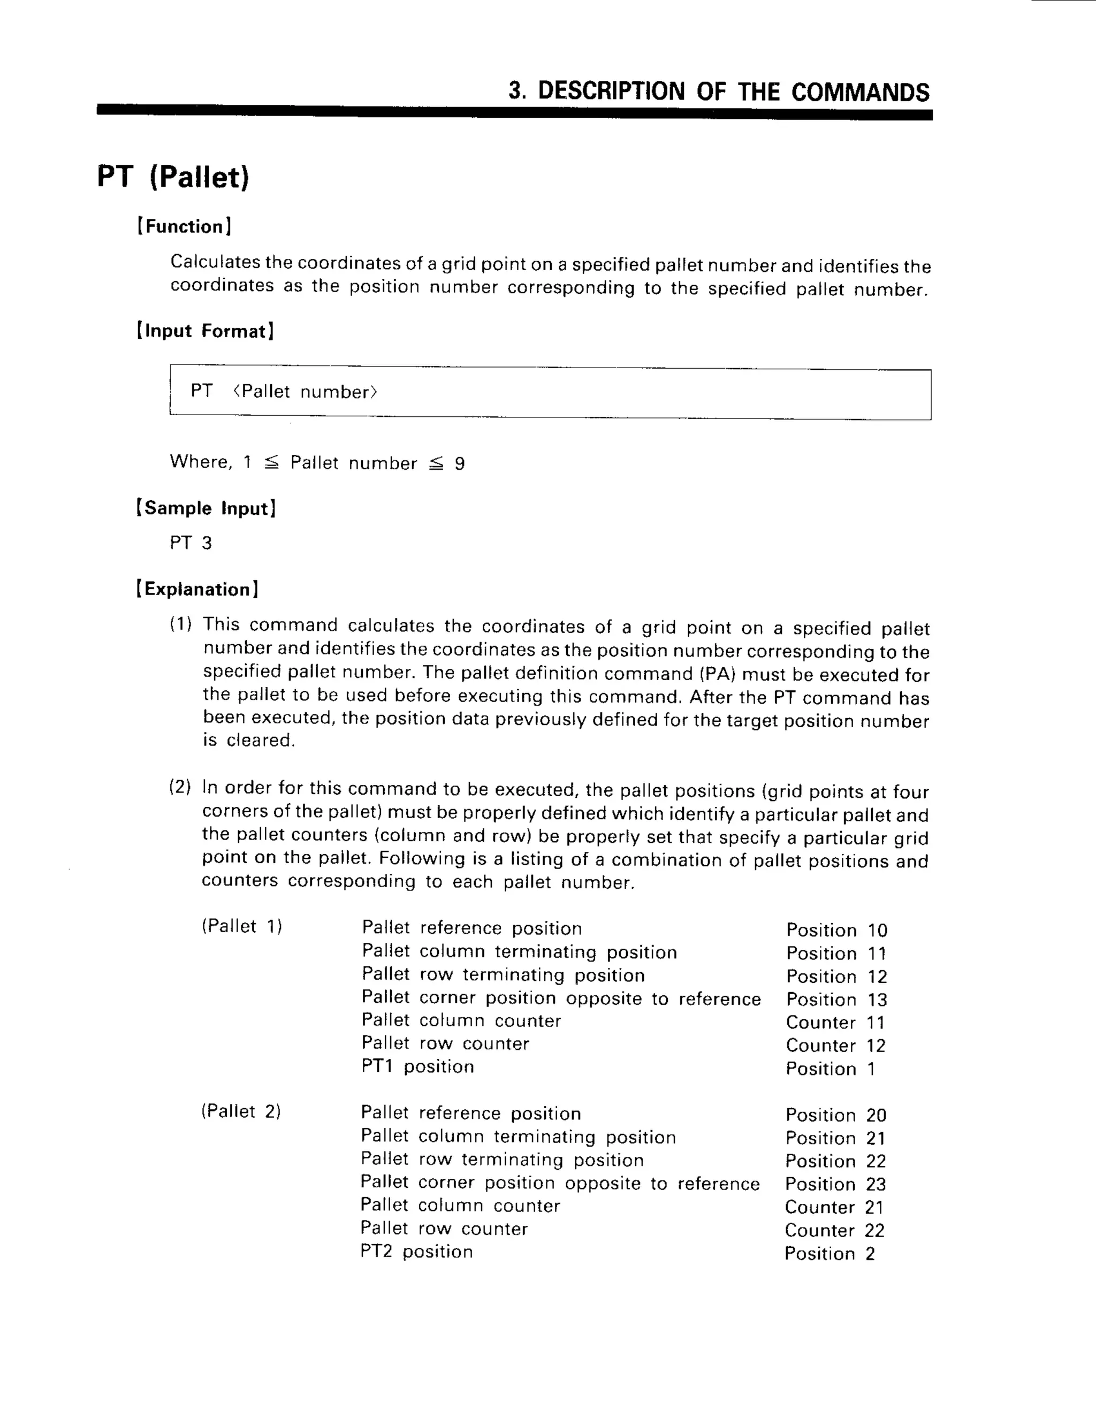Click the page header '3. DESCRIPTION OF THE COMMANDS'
coord(719,92)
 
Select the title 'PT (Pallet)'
coord(173,177)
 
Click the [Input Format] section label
coord(205,331)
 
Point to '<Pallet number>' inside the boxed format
coord(305,392)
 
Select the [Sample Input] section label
coord(206,508)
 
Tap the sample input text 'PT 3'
coord(191,543)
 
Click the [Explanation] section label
coord(197,590)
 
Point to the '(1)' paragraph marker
coord(180,624)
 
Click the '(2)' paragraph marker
coord(180,788)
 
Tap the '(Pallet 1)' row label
coord(241,926)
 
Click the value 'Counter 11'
coord(835,1023)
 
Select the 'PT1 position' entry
coord(417,1067)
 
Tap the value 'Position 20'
coord(835,1116)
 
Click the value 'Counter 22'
coord(835,1230)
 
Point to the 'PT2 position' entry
coord(416,1252)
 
